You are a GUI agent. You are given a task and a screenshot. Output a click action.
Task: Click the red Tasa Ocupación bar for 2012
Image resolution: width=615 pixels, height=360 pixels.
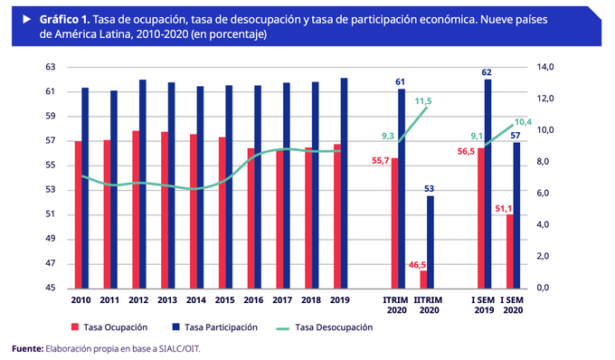[x=136, y=210]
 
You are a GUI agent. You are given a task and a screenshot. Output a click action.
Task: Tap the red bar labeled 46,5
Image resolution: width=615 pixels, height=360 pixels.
[x=424, y=279]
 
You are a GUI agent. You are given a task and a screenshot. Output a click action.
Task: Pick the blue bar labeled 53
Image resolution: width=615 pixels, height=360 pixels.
[x=431, y=242]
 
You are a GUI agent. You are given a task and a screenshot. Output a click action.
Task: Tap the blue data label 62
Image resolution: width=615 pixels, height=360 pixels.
[x=487, y=71]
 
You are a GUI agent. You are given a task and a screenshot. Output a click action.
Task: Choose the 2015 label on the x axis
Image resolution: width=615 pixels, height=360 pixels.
[x=225, y=299]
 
